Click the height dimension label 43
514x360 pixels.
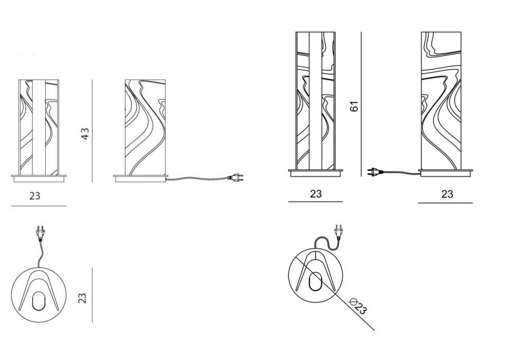(x=85, y=134)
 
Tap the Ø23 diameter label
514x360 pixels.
(x=357, y=306)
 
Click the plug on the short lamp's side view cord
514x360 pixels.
(x=236, y=177)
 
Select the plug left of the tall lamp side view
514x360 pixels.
(x=376, y=171)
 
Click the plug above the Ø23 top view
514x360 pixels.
(x=338, y=232)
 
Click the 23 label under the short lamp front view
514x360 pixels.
(x=34, y=196)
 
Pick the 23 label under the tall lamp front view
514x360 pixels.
(x=316, y=194)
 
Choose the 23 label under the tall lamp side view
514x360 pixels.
(x=447, y=194)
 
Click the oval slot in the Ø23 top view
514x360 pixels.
(x=316, y=281)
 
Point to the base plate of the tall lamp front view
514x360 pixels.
(x=316, y=173)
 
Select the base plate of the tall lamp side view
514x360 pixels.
(x=446, y=173)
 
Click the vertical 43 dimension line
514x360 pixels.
(x=92, y=131)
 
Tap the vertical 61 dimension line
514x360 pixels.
(x=361, y=104)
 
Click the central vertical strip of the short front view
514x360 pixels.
(x=39, y=127)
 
